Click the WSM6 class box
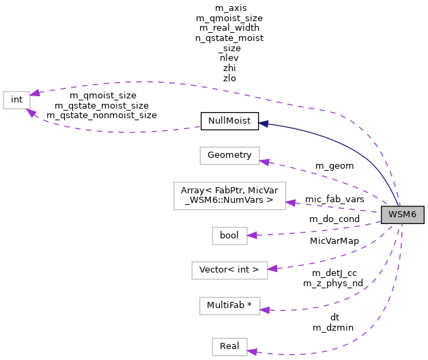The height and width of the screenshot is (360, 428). point(403,215)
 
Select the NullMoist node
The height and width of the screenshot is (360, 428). point(229,122)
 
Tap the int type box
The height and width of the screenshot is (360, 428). point(17,100)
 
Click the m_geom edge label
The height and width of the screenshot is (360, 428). point(334,166)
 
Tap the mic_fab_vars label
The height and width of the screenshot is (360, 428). point(334,199)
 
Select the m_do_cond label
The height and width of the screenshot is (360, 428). point(334,219)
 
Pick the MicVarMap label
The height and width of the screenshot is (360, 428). point(334,240)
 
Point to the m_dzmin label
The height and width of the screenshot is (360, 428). point(334,328)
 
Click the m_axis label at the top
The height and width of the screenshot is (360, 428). point(229,8)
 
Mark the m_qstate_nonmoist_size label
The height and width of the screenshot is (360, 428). point(102,115)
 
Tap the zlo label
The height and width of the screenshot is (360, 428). point(229,79)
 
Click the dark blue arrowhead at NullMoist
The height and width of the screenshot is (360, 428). point(263,124)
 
